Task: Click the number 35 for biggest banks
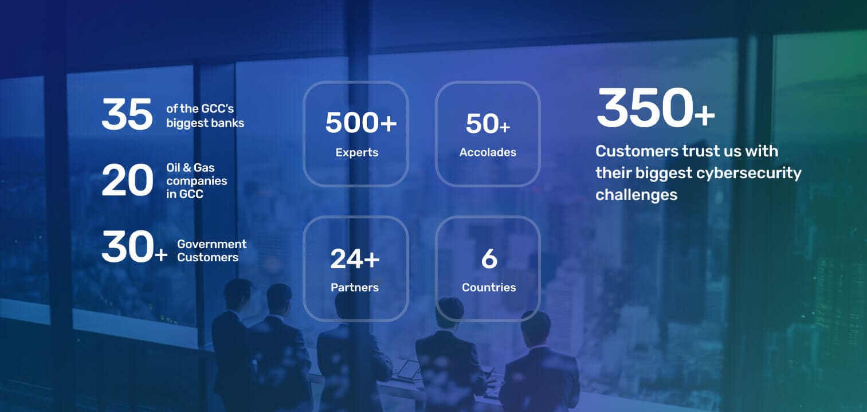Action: (127, 114)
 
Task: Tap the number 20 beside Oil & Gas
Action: (127, 180)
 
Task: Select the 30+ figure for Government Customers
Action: (134, 246)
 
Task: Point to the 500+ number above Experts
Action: (361, 123)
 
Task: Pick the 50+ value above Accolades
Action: (488, 124)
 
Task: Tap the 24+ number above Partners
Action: (355, 258)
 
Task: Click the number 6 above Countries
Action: (489, 258)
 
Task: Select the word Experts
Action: (357, 152)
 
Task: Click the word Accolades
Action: (488, 152)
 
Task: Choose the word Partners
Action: (355, 287)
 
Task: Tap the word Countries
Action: (489, 287)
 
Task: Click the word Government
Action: (211, 244)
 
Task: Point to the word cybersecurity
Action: (749, 173)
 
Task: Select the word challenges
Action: (636, 195)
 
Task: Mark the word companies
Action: (197, 181)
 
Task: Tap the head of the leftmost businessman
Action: (237, 292)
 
